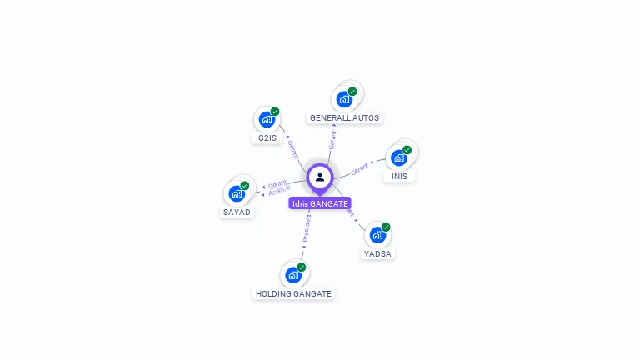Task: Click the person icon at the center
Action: (320, 177)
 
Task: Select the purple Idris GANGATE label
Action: (320, 203)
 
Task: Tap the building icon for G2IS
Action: (267, 119)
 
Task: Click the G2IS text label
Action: (267, 137)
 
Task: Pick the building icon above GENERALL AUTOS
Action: (344, 99)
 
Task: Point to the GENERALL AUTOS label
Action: (345, 118)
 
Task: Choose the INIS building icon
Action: (399, 157)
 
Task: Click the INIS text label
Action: (400, 177)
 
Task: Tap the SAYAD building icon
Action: (237, 193)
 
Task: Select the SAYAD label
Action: (237, 212)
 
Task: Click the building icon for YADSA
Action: (377, 235)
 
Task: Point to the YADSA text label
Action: (377, 253)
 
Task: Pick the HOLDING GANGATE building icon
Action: (293, 274)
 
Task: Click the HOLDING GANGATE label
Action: (293, 293)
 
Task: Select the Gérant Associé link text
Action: (278, 187)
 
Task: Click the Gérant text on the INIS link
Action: (359, 169)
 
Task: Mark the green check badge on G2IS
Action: (275, 112)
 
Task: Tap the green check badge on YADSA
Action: (386, 227)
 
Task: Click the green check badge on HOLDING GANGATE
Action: (302, 267)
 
